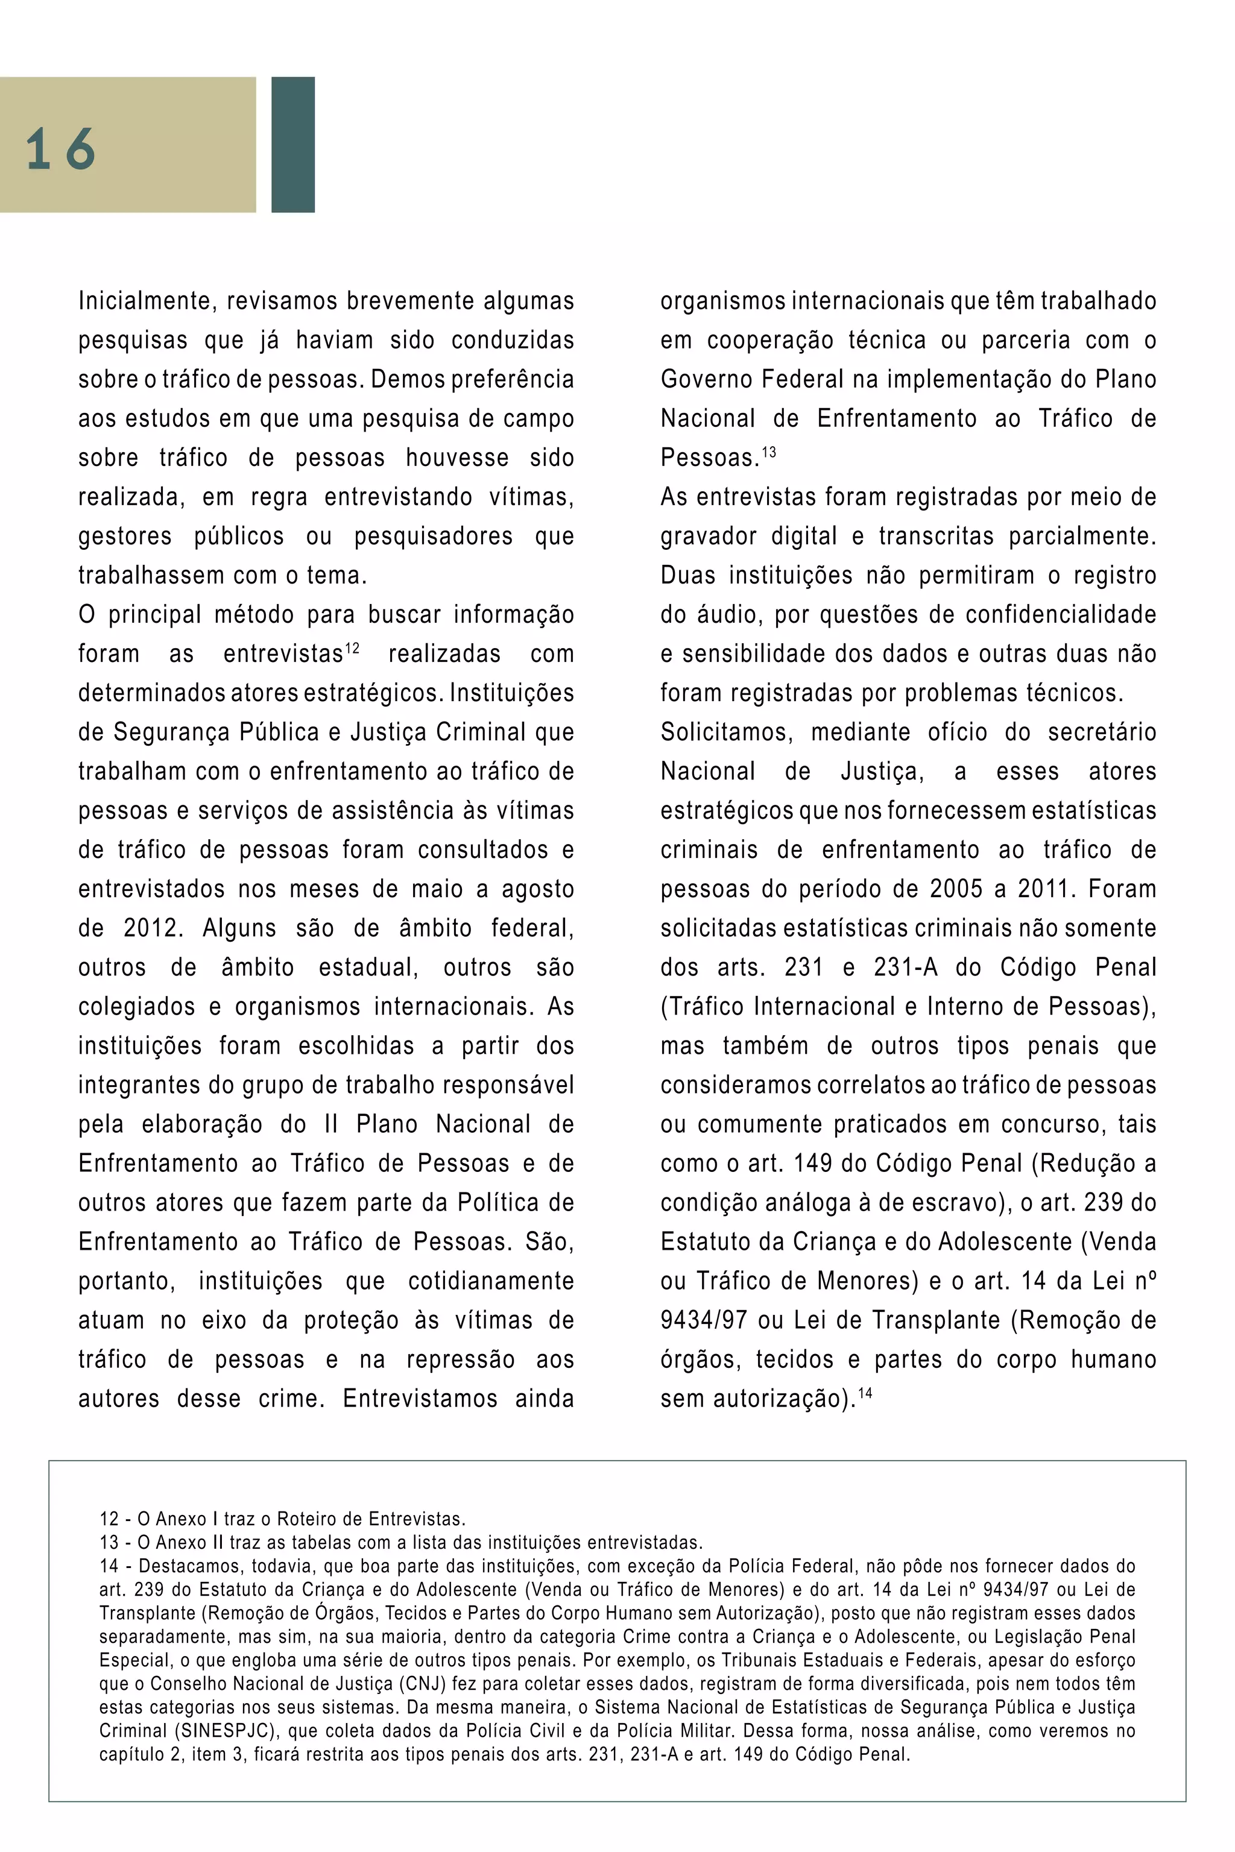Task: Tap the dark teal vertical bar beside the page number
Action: (x=292, y=144)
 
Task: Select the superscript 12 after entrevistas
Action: (x=352, y=648)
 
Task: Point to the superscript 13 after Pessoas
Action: (x=769, y=452)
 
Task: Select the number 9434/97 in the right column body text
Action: (x=703, y=1320)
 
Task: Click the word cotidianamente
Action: (x=491, y=1281)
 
